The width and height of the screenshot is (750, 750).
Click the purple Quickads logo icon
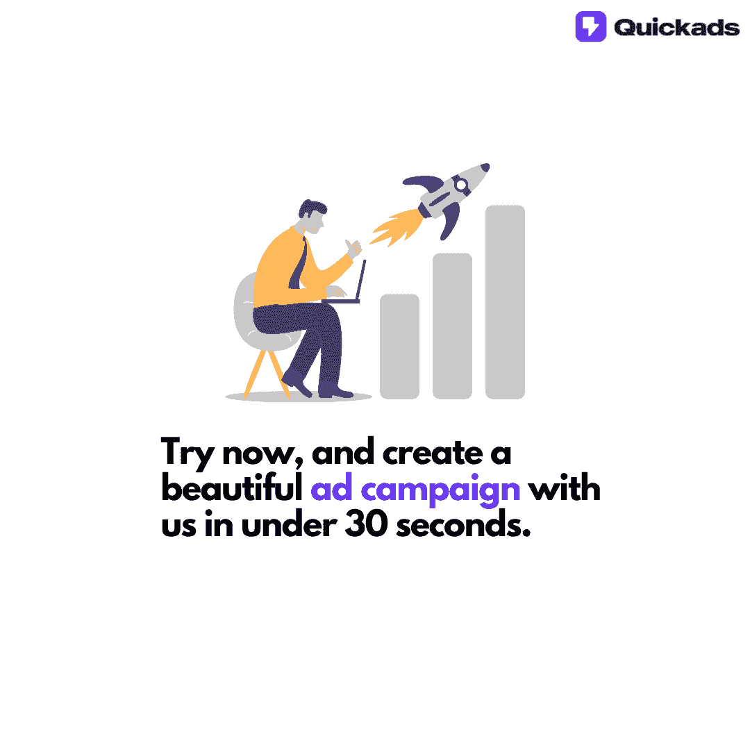590,26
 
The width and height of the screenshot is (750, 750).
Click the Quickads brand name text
676,27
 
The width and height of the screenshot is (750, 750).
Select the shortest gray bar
399,346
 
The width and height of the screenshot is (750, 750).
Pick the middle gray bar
452,326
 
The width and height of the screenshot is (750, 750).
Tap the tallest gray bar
505,301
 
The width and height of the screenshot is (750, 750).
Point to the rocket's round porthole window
460,185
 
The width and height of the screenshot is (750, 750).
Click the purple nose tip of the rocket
485,167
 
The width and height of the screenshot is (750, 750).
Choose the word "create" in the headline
423,453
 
